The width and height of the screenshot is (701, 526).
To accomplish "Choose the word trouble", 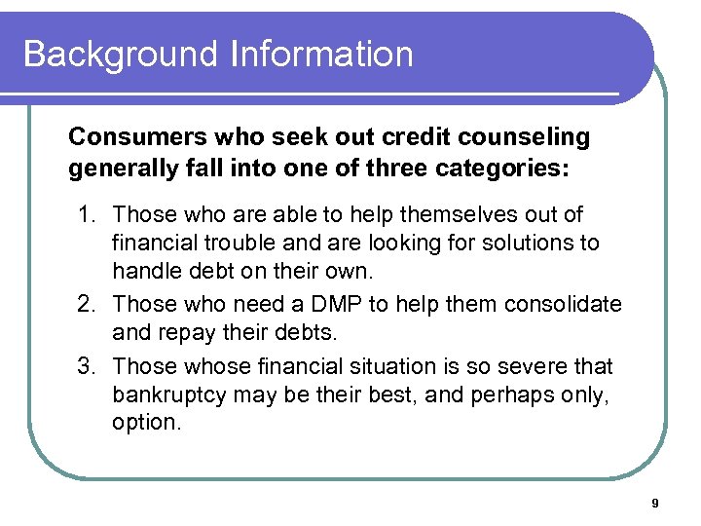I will [x=219, y=242].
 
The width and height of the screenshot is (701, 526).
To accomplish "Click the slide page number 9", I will [x=655, y=503].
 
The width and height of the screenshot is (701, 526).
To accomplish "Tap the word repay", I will [x=183, y=333].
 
